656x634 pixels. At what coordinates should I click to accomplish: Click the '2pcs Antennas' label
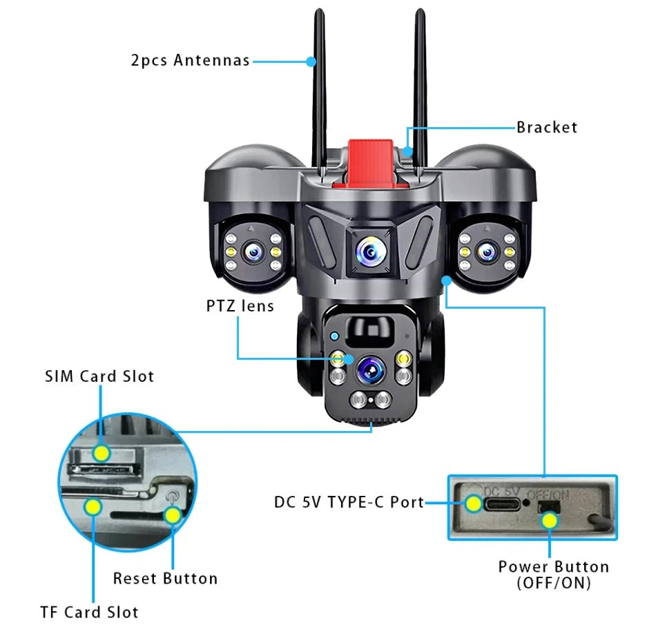click(190, 60)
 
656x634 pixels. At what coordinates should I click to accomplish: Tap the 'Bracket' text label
click(546, 127)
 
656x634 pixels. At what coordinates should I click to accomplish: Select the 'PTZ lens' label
click(240, 305)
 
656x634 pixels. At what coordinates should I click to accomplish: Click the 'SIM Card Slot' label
click(99, 376)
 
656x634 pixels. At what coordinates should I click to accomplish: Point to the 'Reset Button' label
click(165, 578)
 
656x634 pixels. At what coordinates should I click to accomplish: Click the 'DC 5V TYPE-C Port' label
click(349, 502)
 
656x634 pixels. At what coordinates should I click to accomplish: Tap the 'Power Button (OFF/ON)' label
click(554, 574)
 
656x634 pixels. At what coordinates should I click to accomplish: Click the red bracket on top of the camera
click(370, 162)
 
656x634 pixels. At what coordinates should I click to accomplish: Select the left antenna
click(319, 90)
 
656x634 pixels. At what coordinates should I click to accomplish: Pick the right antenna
click(420, 90)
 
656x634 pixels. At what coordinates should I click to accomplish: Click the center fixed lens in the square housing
click(370, 253)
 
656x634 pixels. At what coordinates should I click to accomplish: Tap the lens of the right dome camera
click(488, 252)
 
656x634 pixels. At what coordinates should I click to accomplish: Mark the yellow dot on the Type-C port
click(474, 503)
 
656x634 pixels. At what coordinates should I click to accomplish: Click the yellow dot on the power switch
click(549, 520)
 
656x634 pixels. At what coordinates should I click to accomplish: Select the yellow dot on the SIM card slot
click(102, 453)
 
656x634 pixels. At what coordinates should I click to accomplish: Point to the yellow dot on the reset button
click(172, 515)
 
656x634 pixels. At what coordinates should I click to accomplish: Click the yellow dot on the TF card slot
click(92, 507)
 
